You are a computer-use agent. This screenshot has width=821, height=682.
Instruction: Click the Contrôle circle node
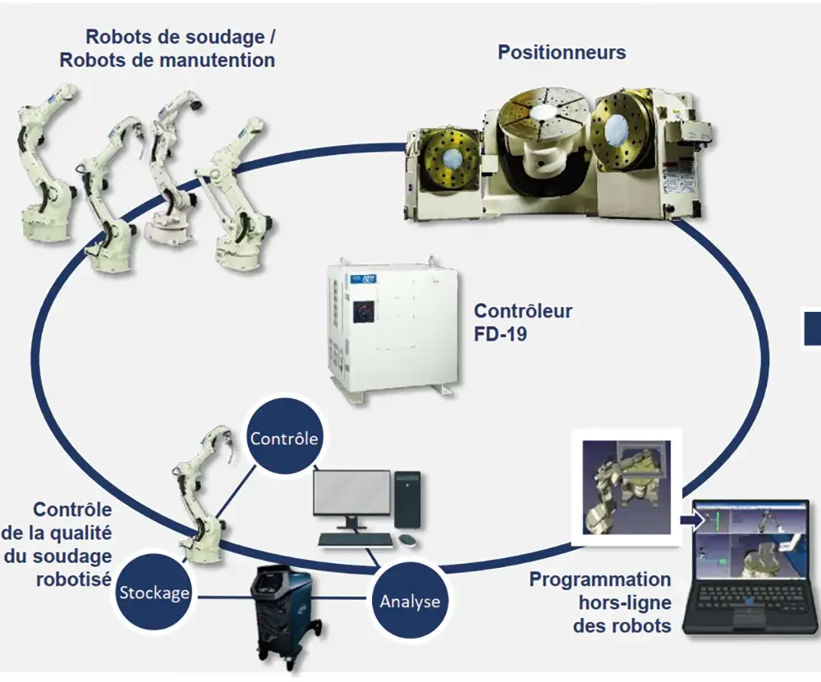point(284,439)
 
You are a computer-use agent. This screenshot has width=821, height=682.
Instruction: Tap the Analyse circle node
point(409,602)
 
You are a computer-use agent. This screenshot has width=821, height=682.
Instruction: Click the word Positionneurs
point(562,53)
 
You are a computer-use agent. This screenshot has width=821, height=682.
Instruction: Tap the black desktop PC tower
point(406,499)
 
